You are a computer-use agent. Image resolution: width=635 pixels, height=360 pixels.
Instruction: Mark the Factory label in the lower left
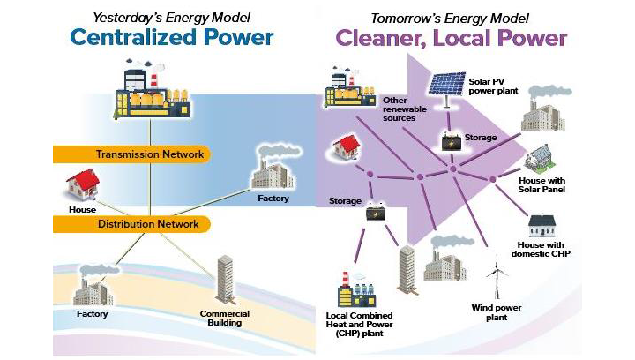coord(91,314)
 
